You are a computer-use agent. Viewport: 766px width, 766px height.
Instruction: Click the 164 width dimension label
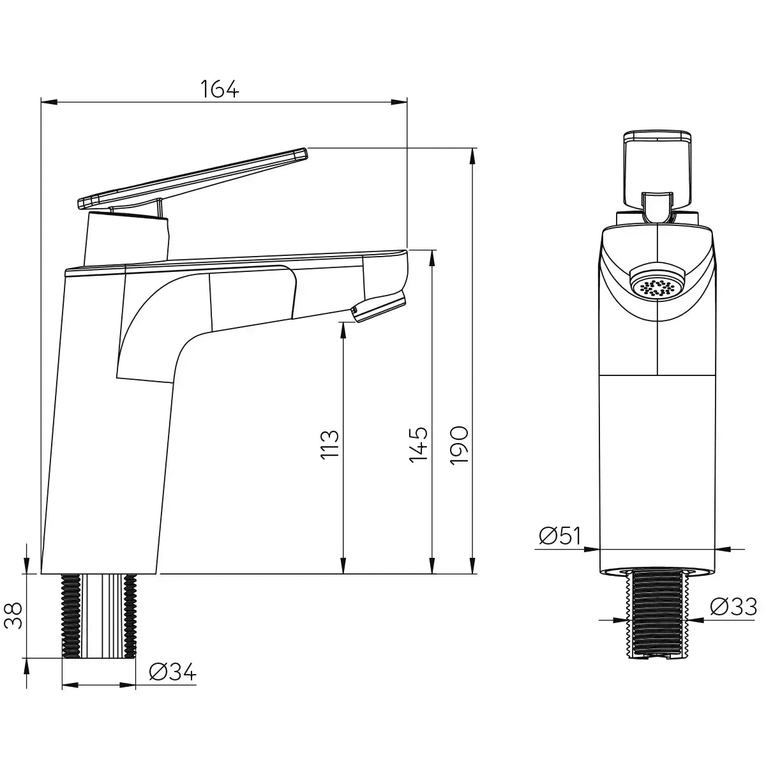tap(220, 89)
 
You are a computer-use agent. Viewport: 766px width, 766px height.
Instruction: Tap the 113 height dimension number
tap(330, 445)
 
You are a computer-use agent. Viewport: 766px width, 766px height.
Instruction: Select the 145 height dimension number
tap(419, 445)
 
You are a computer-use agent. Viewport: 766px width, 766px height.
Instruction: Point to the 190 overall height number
tap(460, 445)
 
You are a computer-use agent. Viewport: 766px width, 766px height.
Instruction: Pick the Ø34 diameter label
tap(173, 672)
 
